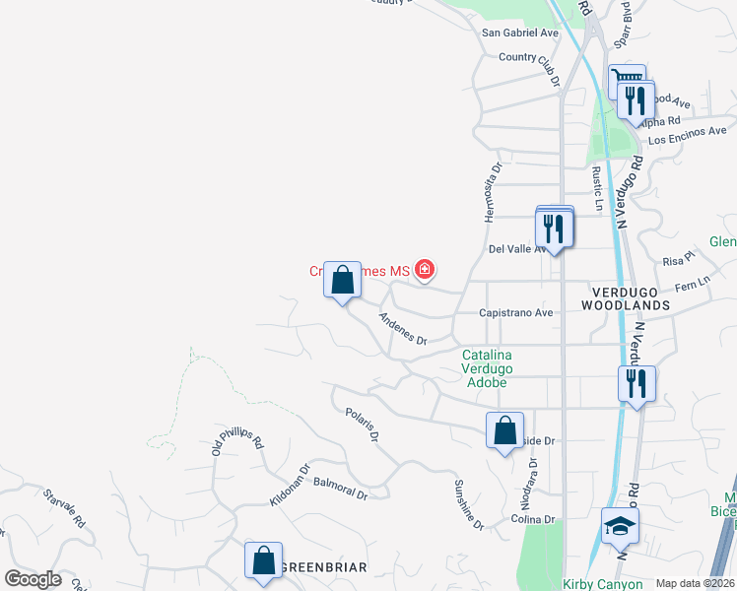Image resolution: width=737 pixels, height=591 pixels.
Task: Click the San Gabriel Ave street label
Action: point(519,33)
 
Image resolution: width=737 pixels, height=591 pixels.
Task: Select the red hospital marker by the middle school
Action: point(425,269)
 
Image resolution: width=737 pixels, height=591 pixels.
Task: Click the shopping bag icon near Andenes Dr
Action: point(342,281)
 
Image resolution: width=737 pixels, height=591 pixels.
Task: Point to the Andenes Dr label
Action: point(402,329)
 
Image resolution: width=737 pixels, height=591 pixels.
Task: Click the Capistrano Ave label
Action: point(515,312)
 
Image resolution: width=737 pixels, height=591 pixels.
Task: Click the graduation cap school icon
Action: point(620,527)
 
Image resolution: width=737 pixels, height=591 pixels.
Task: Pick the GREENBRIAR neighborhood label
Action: point(324,568)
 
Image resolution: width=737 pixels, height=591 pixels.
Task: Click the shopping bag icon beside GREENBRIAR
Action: point(264,561)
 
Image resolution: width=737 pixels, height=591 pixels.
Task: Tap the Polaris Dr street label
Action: point(362,425)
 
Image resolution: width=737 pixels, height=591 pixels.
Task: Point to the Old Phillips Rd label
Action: point(237,438)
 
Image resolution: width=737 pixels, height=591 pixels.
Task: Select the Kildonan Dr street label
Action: point(292,486)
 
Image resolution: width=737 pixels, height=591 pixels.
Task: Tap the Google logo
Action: point(33,578)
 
